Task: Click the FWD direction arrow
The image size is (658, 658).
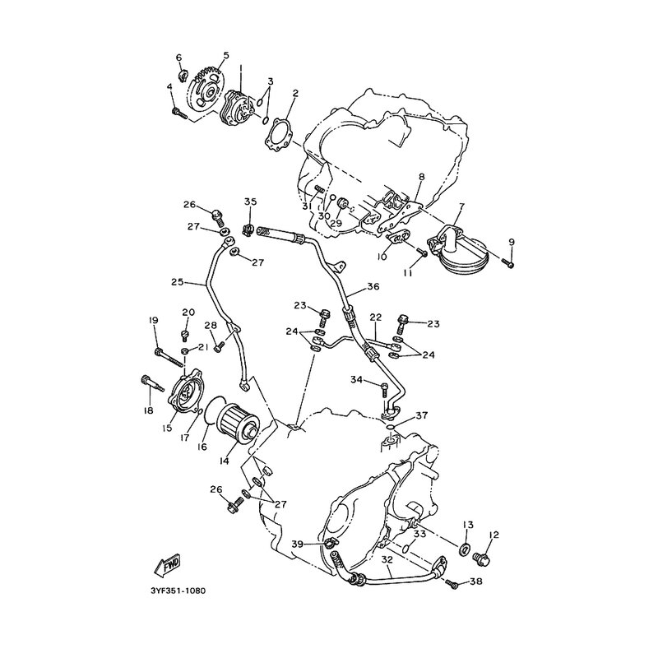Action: point(168,565)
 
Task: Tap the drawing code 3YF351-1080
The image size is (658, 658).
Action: point(178,590)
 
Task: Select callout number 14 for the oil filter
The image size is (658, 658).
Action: point(224,461)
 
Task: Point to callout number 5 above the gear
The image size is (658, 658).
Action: point(225,56)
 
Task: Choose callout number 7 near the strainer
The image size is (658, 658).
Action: point(462,206)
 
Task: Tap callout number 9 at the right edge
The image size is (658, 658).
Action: point(511,241)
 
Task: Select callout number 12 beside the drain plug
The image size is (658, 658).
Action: point(494,535)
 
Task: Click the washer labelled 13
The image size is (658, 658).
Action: point(466,549)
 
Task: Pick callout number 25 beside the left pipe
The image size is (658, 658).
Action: point(177,283)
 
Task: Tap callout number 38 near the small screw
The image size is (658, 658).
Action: point(476,582)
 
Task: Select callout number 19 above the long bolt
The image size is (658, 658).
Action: point(153,320)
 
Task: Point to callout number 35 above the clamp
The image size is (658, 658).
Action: point(251,202)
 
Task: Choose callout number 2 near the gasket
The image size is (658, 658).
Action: point(294,93)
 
